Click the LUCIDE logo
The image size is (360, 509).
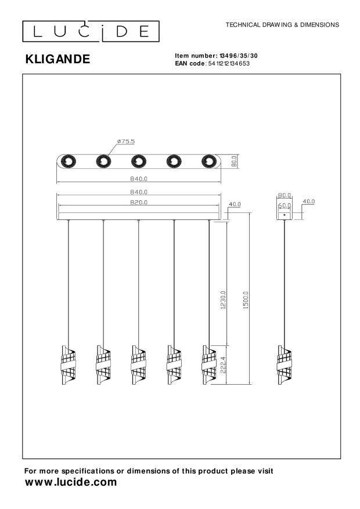coord(91,31)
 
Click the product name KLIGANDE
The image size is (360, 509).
coord(58,59)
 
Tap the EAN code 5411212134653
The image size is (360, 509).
coord(229,64)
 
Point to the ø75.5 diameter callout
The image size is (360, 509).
coord(126,142)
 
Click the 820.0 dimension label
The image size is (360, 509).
coord(139,202)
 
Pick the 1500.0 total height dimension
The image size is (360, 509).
coord(246,300)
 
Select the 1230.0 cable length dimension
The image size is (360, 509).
coord(223,300)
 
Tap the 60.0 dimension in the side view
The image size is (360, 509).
coord(285,206)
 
